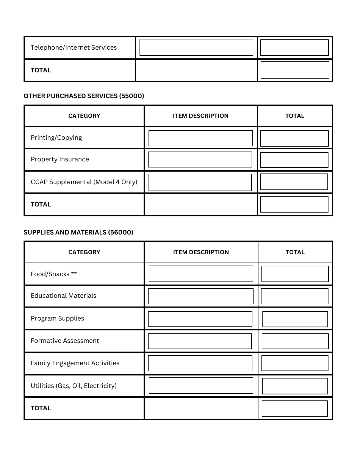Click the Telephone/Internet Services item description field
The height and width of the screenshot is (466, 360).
tap(196, 48)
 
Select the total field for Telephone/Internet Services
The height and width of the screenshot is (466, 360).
tap(294, 48)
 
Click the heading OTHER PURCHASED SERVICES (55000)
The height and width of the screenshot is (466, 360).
tap(84, 96)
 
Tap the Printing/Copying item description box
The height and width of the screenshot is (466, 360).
tap(200, 138)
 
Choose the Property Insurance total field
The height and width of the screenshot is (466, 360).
tap(294, 160)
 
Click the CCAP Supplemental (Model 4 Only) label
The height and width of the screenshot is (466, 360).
tap(84, 182)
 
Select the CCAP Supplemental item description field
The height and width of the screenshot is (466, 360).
tap(200, 183)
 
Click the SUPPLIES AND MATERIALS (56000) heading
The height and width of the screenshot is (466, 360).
tap(78, 233)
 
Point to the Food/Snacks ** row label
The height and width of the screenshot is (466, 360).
tap(54, 274)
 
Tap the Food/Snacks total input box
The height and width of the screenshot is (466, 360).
tap(295, 274)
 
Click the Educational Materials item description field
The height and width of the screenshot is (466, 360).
tap(200, 296)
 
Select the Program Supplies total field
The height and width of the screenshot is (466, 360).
tap(295, 319)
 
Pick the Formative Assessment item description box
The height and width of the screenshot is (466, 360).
tap(200, 341)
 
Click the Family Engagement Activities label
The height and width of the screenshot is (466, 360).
tap(75, 363)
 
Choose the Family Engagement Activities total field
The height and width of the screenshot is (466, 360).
tap(294, 363)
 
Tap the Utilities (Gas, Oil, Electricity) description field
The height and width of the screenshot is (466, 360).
tap(200, 386)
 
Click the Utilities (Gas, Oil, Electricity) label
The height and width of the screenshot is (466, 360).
tap(74, 386)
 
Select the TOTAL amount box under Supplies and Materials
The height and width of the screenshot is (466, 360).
tap(294, 409)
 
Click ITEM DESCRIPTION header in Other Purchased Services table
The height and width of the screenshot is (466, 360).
tap(200, 116)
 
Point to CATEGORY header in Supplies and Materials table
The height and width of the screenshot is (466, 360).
tap(84, 252)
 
